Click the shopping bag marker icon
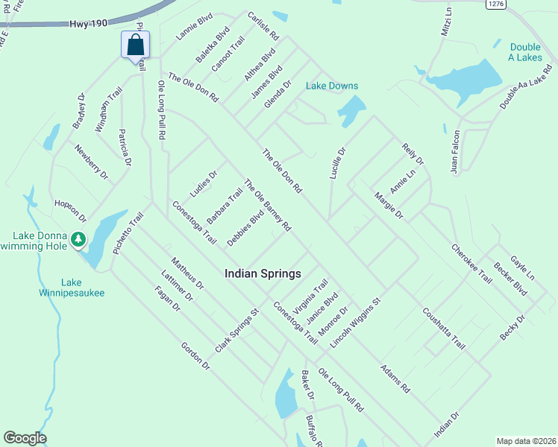click(135, 45)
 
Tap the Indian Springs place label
click(263, 273)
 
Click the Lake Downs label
click(332, 86)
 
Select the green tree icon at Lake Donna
click(78, 240)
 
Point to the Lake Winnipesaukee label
click(72, 288)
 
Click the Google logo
click(25, 438)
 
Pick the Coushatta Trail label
click(444, 329)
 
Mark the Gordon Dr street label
click(195, 356)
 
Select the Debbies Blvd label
click(245, 229)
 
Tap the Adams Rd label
click(395, 379)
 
